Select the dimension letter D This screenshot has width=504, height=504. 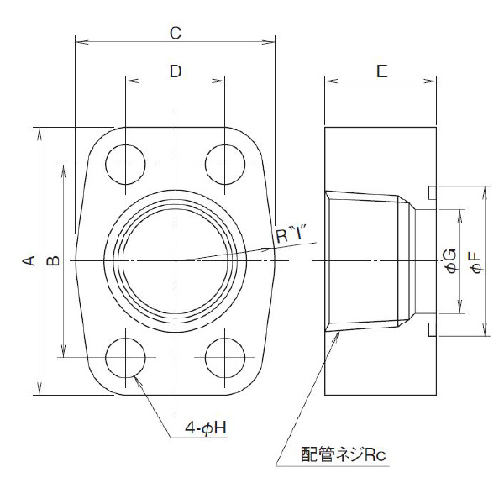coord(175,71)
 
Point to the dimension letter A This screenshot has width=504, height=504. coord(27,261)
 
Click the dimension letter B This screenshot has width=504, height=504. coord(52,261)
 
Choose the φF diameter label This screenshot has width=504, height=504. coord(475,261)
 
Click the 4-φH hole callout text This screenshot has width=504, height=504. coord(207,428)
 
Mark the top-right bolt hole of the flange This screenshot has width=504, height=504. coord(224,163)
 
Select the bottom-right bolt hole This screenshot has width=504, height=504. coord(224,359)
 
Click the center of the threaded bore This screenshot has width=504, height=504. coord(176,261)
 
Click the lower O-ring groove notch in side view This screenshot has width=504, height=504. coord(432,328)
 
